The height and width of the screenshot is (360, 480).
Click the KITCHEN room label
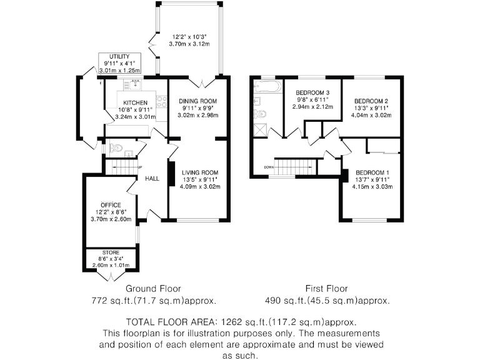[x=135, y=103]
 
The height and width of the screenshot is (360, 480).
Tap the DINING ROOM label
[x=198, y=101]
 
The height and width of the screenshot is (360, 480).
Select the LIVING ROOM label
[x=200, y=172]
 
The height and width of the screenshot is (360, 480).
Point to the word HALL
[x=152, y=179]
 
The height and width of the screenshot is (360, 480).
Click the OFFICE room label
[x=111, y=205]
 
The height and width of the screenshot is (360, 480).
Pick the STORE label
[x=111, y=252]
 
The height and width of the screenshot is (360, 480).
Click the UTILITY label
[x=119, y=57]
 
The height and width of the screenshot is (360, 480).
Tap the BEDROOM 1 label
[x=372, y=172]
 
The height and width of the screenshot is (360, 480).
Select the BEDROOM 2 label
[x=371, y=101]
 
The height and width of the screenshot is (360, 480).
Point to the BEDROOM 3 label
[x=312, y=92]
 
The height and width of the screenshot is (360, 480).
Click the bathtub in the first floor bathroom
[x=267, y=87]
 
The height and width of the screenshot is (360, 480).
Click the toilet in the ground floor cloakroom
[x=116, y=148]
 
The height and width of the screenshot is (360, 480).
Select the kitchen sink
[x=135, y=84]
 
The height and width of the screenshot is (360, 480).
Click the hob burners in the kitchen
[x=162, y=102]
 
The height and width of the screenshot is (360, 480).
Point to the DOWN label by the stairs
[x=269, y=167]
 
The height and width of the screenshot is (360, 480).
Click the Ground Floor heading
[x=153, y=289]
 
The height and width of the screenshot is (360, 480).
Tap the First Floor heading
[x=327, y=289]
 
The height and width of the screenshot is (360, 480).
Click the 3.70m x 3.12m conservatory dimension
[x=189, y=44]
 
